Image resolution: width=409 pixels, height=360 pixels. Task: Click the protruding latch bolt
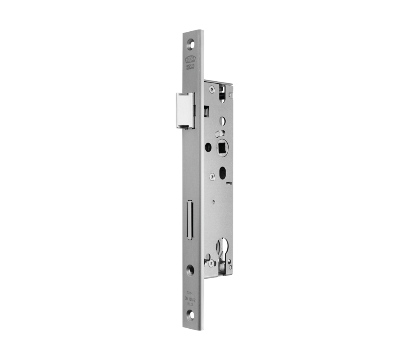(185, 110)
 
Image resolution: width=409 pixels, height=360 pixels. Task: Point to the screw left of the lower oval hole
(211, 176)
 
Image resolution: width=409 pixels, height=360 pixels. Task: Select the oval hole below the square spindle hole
(222, 172)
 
